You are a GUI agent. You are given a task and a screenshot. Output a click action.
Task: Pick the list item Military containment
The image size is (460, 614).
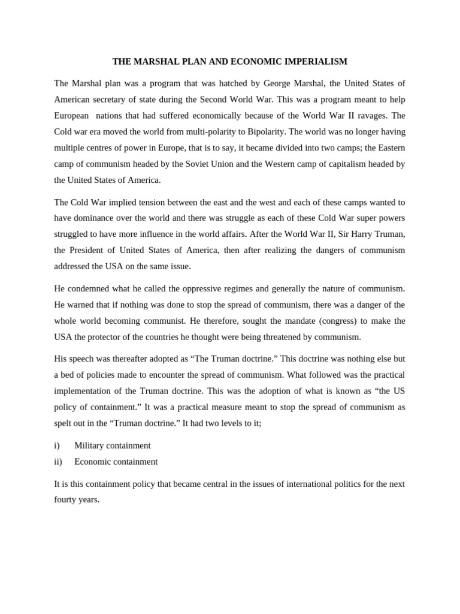point(112,446)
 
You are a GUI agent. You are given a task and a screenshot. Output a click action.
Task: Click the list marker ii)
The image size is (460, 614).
point(58,462)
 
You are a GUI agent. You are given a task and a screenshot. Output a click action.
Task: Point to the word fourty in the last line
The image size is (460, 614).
point(65,499)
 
